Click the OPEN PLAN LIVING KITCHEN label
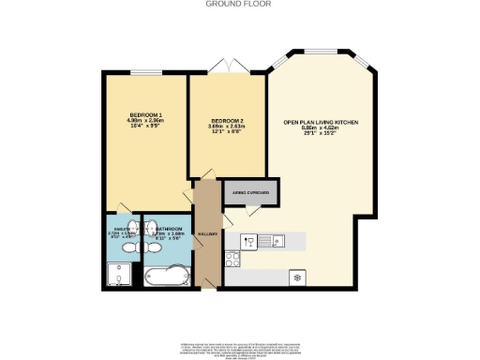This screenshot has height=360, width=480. coord(321,122)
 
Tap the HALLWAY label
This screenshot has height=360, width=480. coord(207,232)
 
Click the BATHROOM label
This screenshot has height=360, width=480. coord(169,229)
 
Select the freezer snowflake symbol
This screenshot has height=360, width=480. coord(298,277)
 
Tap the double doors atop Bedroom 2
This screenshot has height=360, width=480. coord(227,69)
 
